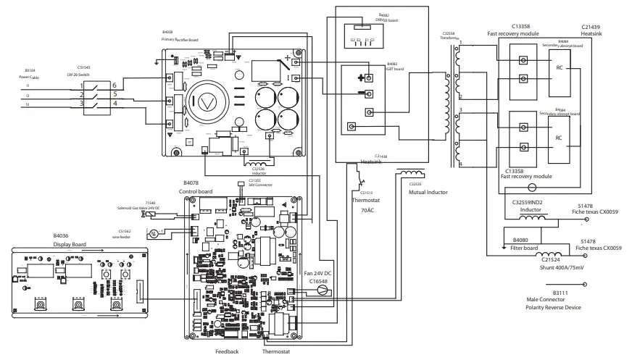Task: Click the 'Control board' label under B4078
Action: point(196,191)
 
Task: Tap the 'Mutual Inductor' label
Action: point(427,193)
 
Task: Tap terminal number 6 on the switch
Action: point(113,85)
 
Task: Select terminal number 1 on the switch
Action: point(81,85)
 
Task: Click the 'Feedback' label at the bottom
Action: point(227,351)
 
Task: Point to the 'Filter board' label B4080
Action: point(527,240)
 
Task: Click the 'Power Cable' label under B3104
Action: point(30,76)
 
